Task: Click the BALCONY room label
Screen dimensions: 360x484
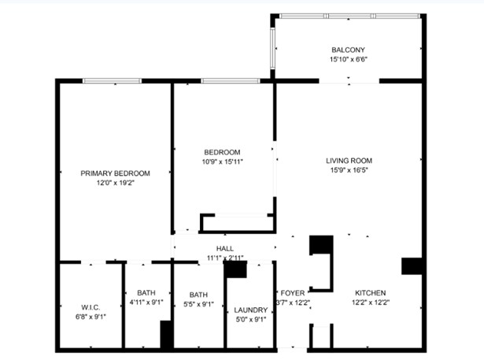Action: (349, 49)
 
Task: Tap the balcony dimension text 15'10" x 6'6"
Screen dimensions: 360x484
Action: (349, 59)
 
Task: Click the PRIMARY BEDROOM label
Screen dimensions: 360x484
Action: (115, 173)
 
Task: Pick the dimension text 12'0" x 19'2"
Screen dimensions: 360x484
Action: (115, 183)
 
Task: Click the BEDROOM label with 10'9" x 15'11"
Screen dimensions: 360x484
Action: (222, 152)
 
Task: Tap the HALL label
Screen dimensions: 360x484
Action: (224, 248)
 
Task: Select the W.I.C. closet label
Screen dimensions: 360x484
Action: (90, 306)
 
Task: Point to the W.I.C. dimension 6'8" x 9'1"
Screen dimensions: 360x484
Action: (90, 317)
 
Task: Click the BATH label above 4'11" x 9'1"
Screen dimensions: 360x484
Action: (146, 291)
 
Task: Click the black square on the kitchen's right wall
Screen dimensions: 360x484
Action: (412, 266)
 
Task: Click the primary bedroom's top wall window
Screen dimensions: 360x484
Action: (112, 80)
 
